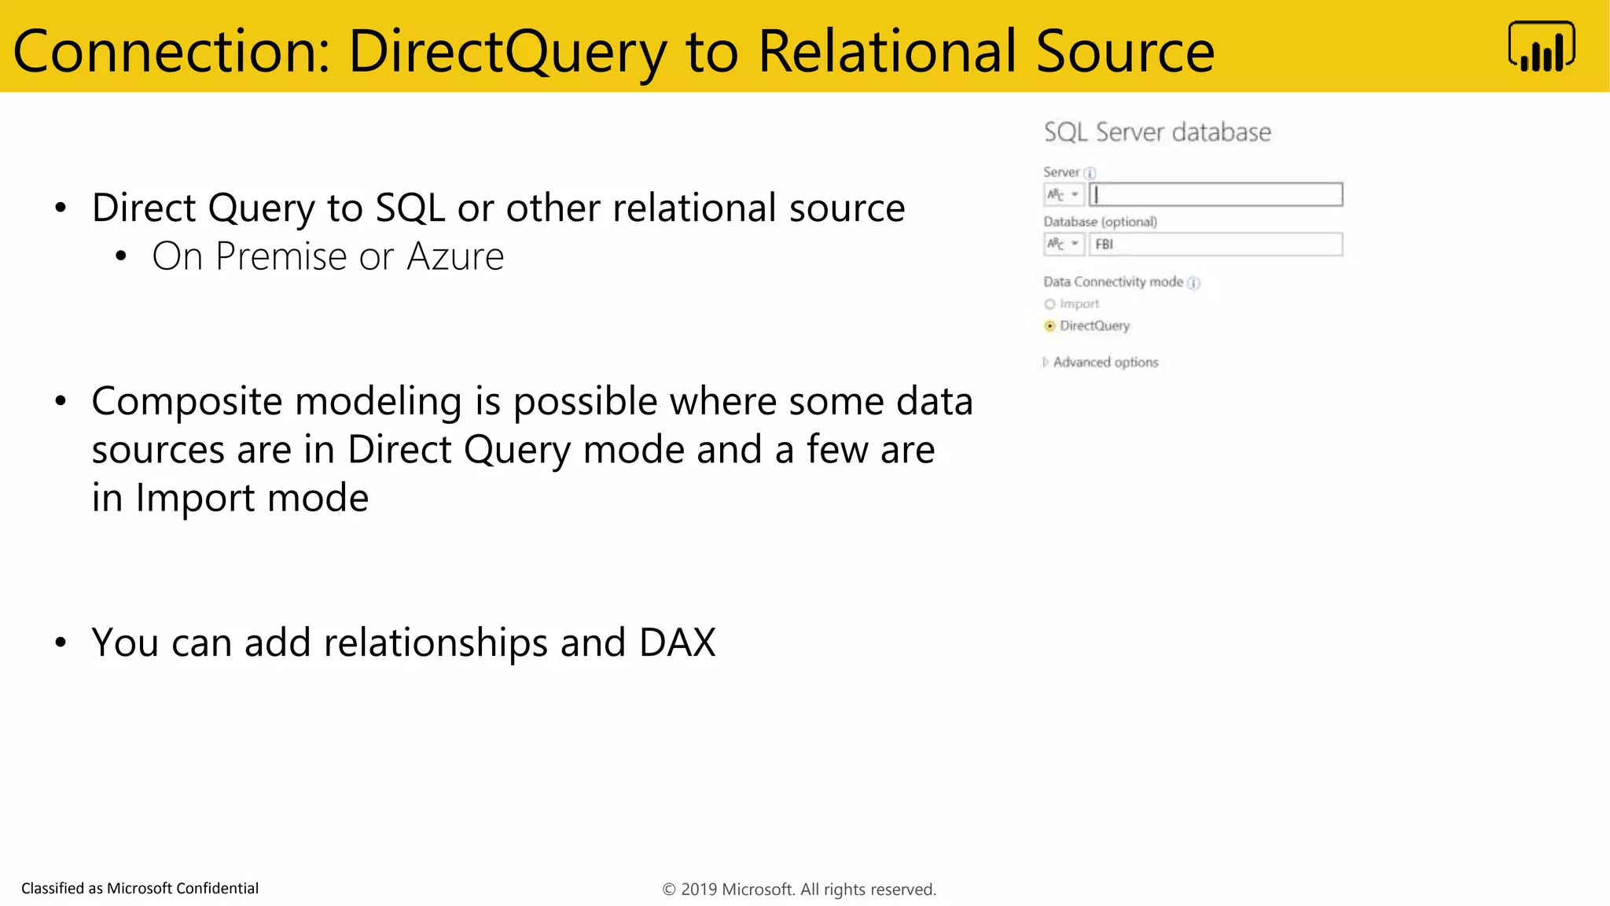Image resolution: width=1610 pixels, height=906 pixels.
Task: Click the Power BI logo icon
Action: point(1542,47)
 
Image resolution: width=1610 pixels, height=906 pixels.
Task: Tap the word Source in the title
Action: point(1124,52)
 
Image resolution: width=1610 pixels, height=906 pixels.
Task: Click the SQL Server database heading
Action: point(1157,132)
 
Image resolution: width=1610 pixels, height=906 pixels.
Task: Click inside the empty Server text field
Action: point(1215,194)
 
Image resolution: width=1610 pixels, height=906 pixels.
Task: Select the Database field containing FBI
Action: point(1215,245)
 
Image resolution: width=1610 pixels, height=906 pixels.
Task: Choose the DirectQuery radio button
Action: point(1049,326)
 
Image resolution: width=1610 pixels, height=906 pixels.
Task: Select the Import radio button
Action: point(1049,304)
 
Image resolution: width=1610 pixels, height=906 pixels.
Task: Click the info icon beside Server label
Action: point(1090,173)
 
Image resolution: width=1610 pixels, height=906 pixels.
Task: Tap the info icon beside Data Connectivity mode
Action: point(1193,283)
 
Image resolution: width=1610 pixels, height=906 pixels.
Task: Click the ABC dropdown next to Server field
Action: point(1064,194)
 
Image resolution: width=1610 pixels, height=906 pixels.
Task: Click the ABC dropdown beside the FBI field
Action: point(1064,245)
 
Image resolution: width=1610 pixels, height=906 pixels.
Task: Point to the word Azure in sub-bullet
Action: point(455,256)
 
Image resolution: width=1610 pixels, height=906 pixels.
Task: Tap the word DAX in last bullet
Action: point(677,643)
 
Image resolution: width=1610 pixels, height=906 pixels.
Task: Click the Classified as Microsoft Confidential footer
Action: point(140,888)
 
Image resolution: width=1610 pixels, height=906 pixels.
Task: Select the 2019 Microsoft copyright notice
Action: point(799,889)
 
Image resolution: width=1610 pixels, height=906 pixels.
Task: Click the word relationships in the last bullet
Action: point(436,643)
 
